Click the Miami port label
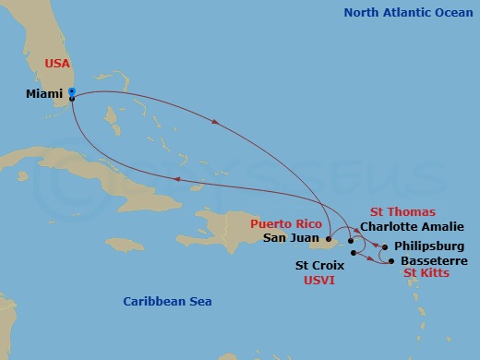pyautogui.click(x=44, y=93)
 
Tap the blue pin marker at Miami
pyautogui.click(x=71, y=92)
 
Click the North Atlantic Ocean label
pyautogui.click(x=405, y=13)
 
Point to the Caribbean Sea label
pyautogui.click(x=167, y=302)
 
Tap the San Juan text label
pyautogui.click(x=290, y=237)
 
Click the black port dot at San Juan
pyautogui.click(x=328, y=238)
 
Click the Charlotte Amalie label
pyautogui.click(x=412, y=226)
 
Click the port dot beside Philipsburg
pyautogui.click(x=385, y=246)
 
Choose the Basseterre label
pyautogui.click(x=429, y=261)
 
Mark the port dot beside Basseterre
pyautogui.click(x=392, y=262)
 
